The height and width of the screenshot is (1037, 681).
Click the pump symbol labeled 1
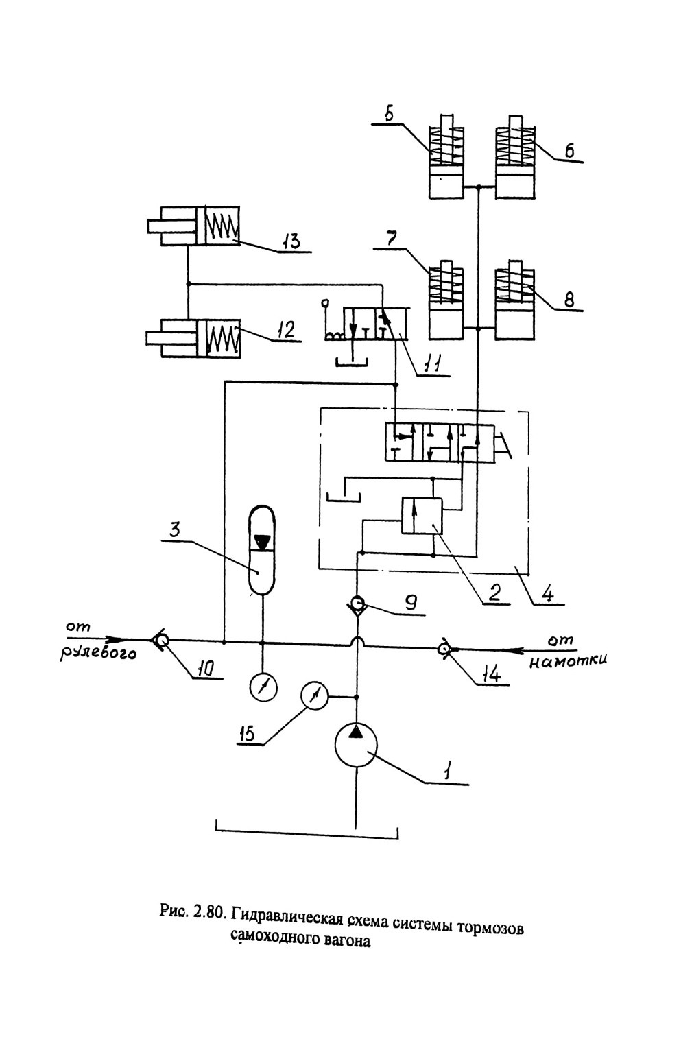(355, 746)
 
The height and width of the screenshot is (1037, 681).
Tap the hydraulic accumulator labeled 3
(262, 549)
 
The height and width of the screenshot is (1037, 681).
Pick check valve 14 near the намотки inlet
(445, 650)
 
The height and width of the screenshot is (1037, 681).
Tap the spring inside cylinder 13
(222, 226)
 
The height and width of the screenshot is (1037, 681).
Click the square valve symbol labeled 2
(422, 516)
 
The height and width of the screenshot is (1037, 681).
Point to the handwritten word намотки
(567, 660)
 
